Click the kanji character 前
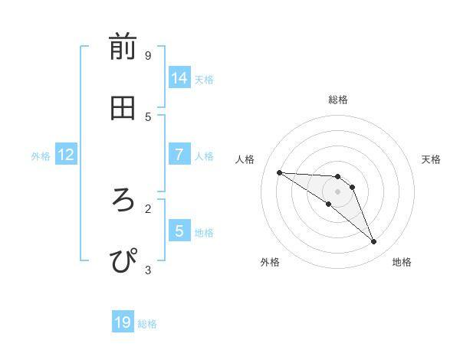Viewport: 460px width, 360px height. click(123, 47)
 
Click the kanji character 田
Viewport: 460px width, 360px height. click(123, 109)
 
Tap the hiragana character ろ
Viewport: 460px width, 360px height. click(123, 200)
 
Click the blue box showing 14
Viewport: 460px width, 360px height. click(179, 78)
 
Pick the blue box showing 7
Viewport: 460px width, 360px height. click(179, 155)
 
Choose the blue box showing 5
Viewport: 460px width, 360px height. click(179, 231)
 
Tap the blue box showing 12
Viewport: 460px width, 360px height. click(66, 155)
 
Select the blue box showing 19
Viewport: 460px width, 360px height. click(123, 322)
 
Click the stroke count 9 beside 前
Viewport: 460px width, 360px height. click(148, 55)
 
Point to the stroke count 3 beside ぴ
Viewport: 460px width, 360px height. click(148, 270)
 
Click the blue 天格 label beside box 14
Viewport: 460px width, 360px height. click(204, 80)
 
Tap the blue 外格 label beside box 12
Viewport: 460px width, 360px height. click(41, 156)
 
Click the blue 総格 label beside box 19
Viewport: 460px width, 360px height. click(147, 324)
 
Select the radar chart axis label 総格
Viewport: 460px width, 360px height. click(338, 100)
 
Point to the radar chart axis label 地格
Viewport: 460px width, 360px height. click(402, 262)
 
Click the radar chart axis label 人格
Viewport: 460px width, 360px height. click(245, 159)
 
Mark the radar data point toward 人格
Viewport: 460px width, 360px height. click(279, 172)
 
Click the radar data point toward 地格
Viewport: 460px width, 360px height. click(373, 242)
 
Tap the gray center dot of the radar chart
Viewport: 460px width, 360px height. click(337, 191)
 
